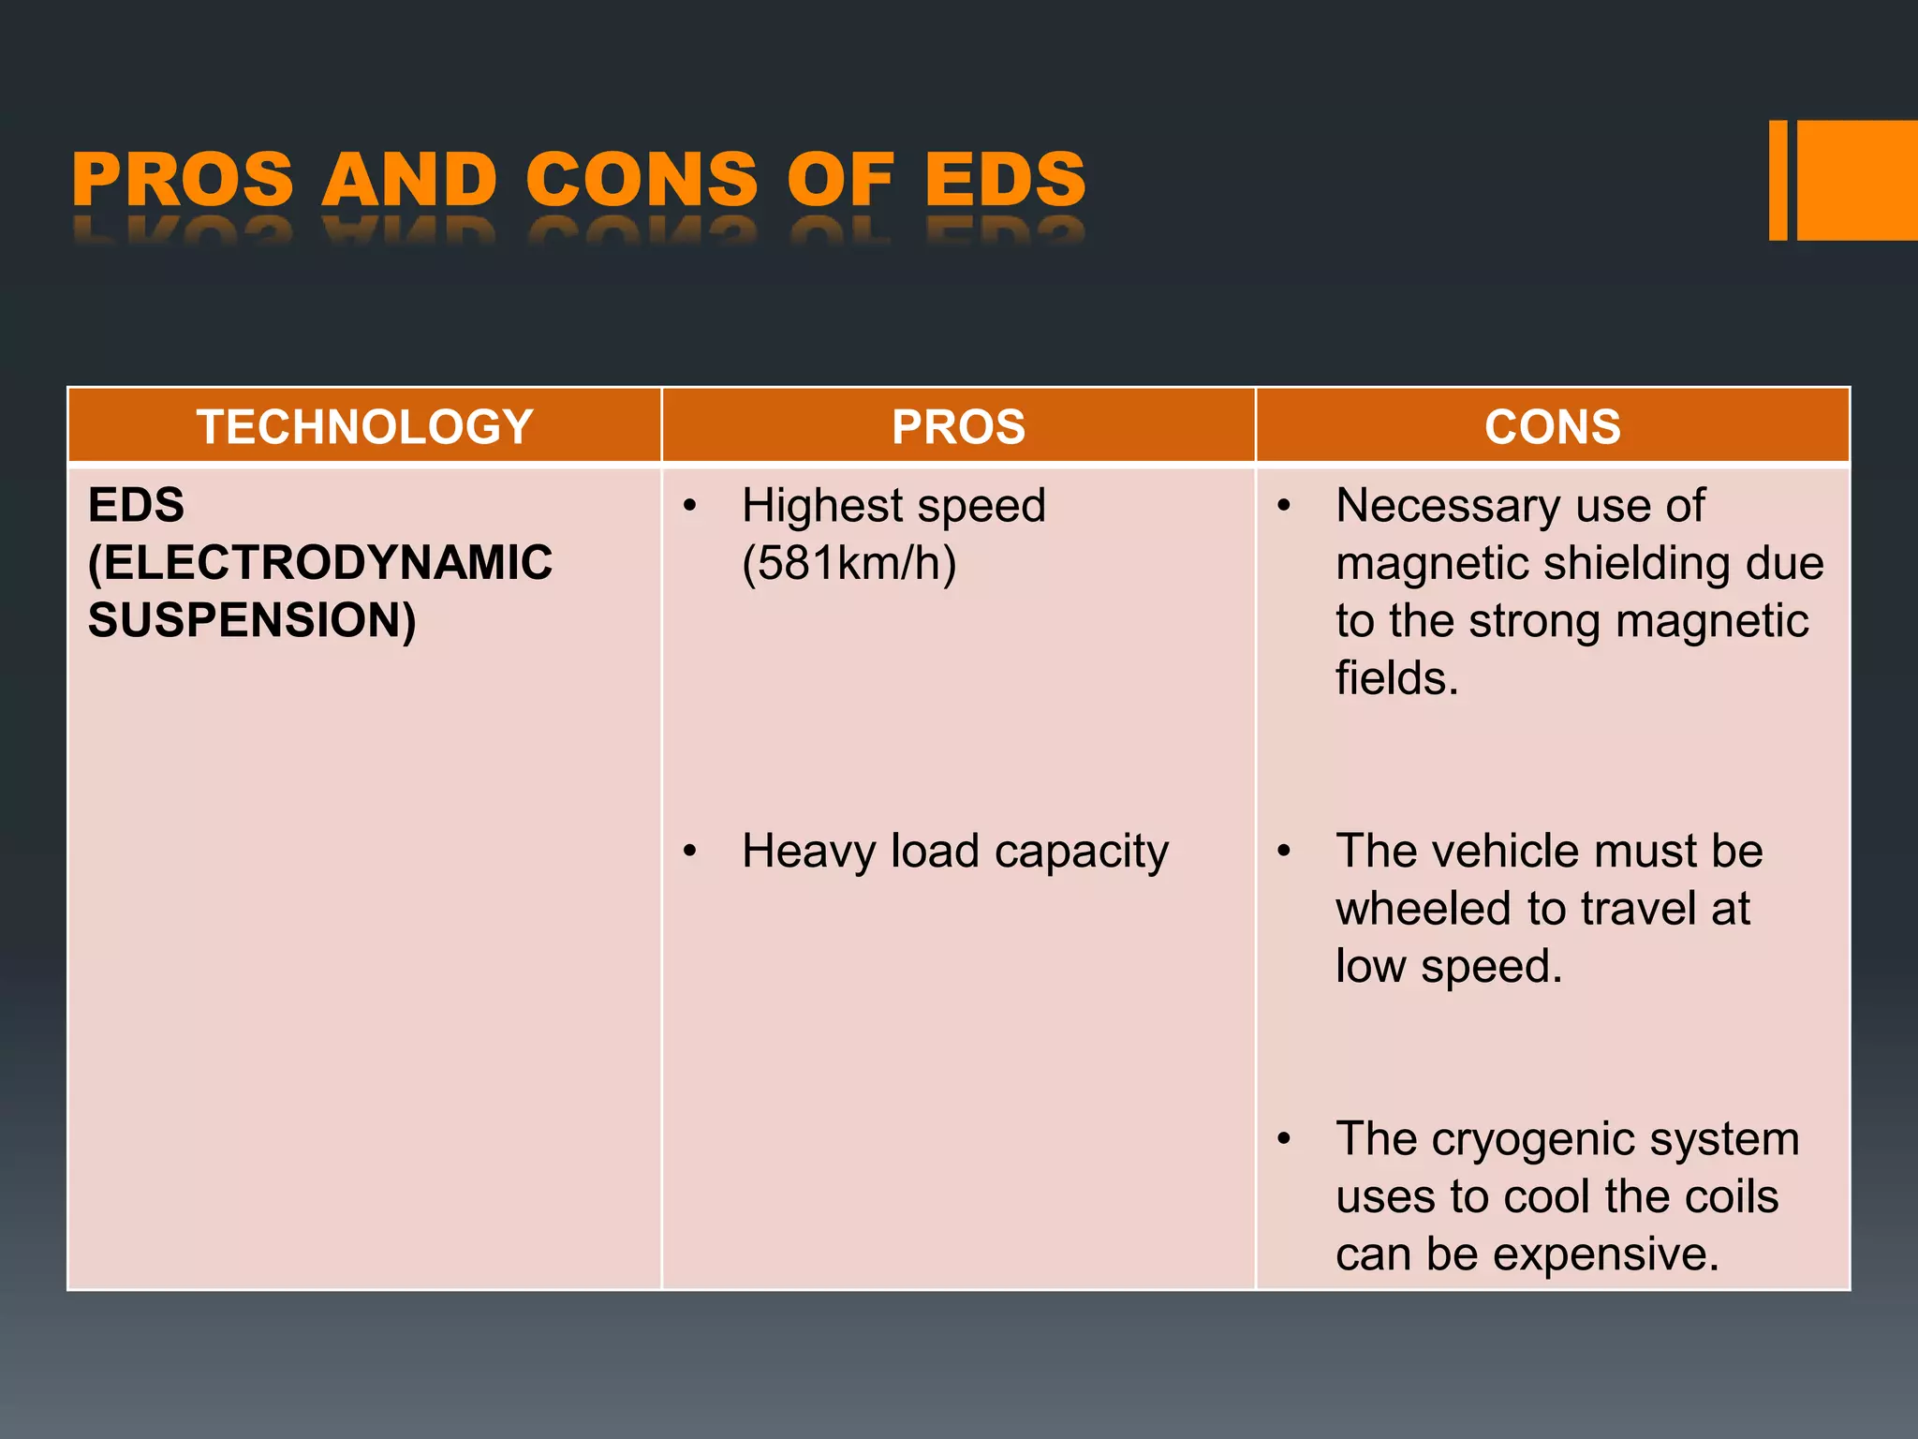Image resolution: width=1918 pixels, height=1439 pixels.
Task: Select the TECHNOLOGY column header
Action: point(364,427)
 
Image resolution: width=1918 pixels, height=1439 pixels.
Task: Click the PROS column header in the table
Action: point(958,427)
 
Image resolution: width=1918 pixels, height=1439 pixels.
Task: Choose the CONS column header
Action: point(1552,427)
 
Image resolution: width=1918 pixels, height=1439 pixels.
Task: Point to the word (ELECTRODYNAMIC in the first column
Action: point(320,563)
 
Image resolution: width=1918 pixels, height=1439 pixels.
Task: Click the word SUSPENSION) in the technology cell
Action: point(252,620)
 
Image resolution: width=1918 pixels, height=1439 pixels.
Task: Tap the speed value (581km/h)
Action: point(848,563)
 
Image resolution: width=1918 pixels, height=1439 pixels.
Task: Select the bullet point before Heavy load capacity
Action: point(690,851)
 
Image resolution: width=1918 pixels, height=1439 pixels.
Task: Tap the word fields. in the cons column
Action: point(1396,678)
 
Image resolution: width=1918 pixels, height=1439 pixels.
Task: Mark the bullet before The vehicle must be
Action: point(1284,851)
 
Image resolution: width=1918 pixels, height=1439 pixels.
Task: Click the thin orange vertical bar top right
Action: point(1778,180)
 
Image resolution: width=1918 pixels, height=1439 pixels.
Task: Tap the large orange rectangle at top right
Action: point(1857,180)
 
